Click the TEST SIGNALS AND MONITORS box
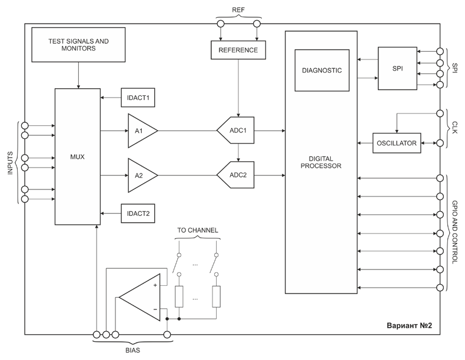pos(78,45)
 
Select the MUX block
pos(77,156)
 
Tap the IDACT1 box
pos(137,98)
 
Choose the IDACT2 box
pos(137,213)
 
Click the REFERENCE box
pos(238,50)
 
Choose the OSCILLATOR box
pos(397,143)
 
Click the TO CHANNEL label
pos(197,229)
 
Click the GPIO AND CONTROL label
pos(456,233)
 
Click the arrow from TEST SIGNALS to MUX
pos(78,75)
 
